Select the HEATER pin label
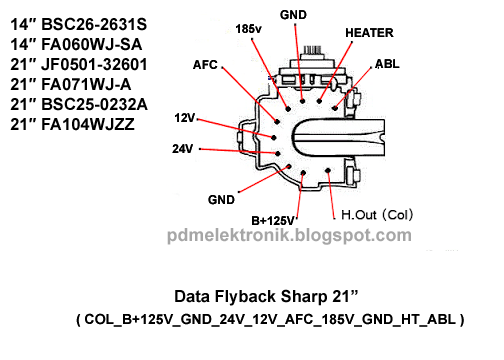pyautogui.click(x=369, y=33)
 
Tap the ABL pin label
pyautogui.click(x=387, y=63)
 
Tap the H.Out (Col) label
pyautogui.click(x=377, y=214)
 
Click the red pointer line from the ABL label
pyautogui.click(x=357, y=84)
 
